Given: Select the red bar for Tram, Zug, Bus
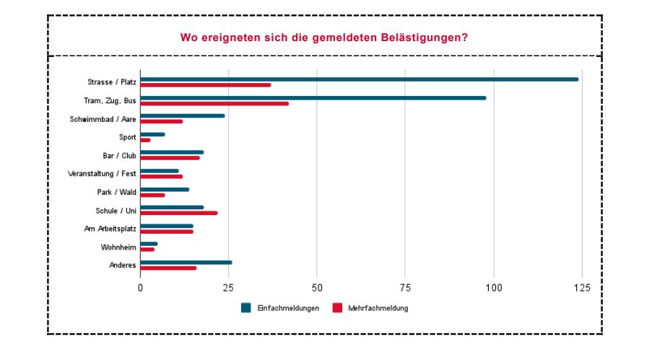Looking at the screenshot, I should click(x=214, y=104).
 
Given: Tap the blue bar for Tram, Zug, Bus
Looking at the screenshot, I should click(x=313, y=98).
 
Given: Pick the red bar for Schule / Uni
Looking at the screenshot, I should click(x=178, y=213).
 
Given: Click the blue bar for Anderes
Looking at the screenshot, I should click(x=186, y=263).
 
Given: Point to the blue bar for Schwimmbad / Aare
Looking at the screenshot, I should click(x=182, y=115).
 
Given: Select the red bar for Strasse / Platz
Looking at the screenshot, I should click(x=205, y=85).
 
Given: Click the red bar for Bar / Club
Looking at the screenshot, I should click(x=170, y=158).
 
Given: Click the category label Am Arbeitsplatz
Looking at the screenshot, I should click(x=110, y=229).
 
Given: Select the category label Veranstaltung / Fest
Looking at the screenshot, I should click(x=102, y=173).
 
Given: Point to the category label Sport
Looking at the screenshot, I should click(x=127, y=136).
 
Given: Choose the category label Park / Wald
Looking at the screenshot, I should click(x=116, y=192).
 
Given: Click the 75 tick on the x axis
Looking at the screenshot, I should click(x=405, y=288).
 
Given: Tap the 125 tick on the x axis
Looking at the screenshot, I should click(x=581, y=288).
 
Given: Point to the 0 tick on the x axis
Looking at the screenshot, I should click(x=141, y=288).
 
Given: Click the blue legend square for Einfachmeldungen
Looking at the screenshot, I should click(x=245, y=308).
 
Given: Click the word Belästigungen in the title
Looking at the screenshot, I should click(x=418, y=37).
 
